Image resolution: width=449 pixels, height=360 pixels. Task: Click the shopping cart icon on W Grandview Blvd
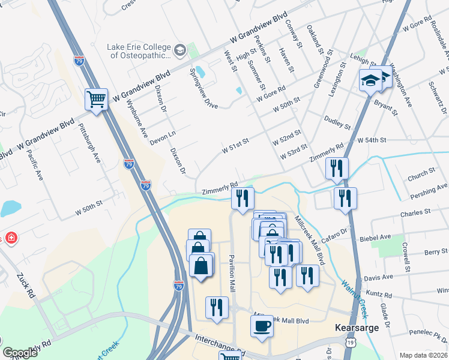(x=96, y=99)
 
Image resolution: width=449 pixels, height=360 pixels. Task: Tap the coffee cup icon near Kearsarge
(x=261, y=326)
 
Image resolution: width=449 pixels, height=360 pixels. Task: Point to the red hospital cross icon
(x=12, y=238)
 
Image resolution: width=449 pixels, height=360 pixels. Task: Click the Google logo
(x=20, y=353)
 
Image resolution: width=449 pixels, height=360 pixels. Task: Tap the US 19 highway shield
(x=350, y=342)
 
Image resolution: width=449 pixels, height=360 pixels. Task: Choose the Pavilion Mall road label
(x=231, y=269)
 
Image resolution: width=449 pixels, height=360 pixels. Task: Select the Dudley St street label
(x=337, y=123)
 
